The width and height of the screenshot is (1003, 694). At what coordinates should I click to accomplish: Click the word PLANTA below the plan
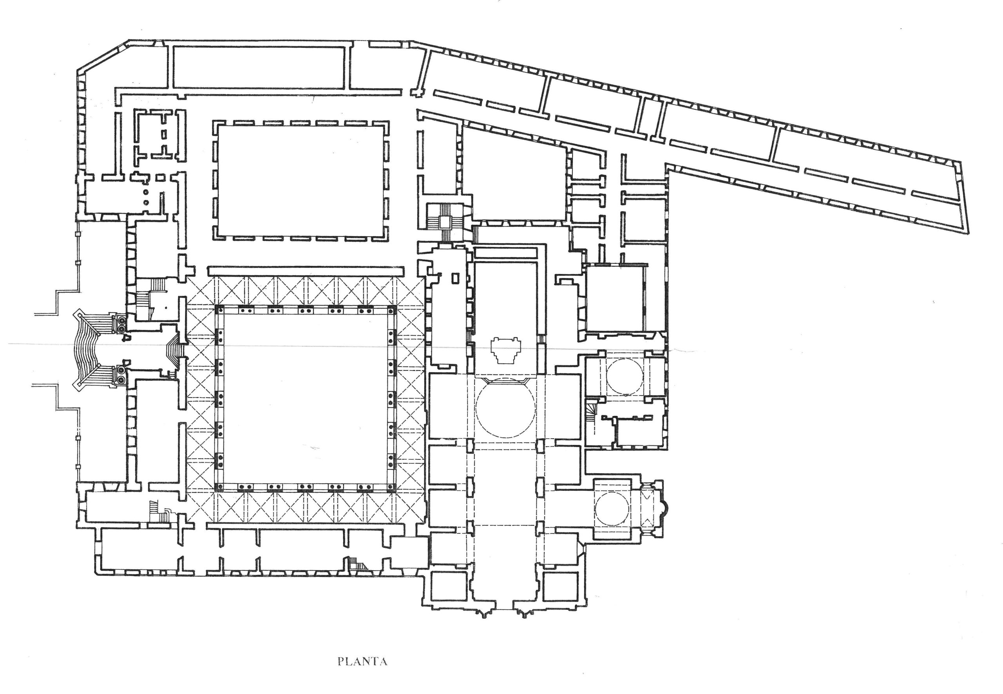click(x=362, y=662)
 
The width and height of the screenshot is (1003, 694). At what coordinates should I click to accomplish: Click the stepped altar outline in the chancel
click(x=505, y=350)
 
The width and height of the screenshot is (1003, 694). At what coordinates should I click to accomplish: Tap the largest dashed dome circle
click(x=505, y=407)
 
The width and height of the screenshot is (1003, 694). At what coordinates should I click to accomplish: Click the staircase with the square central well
click(x=445, y=222)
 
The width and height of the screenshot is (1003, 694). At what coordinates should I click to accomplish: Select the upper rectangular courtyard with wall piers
click(x=300, y=180)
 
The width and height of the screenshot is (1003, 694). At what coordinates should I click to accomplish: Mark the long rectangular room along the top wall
click(x=259, y=67)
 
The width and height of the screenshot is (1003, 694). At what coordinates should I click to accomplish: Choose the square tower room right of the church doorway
click(x=561, y=586)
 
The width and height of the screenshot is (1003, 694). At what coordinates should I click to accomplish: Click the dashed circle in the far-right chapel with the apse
click(x=612, y=508)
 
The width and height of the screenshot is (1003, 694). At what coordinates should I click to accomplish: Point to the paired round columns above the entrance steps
click(x=119, y=322)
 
